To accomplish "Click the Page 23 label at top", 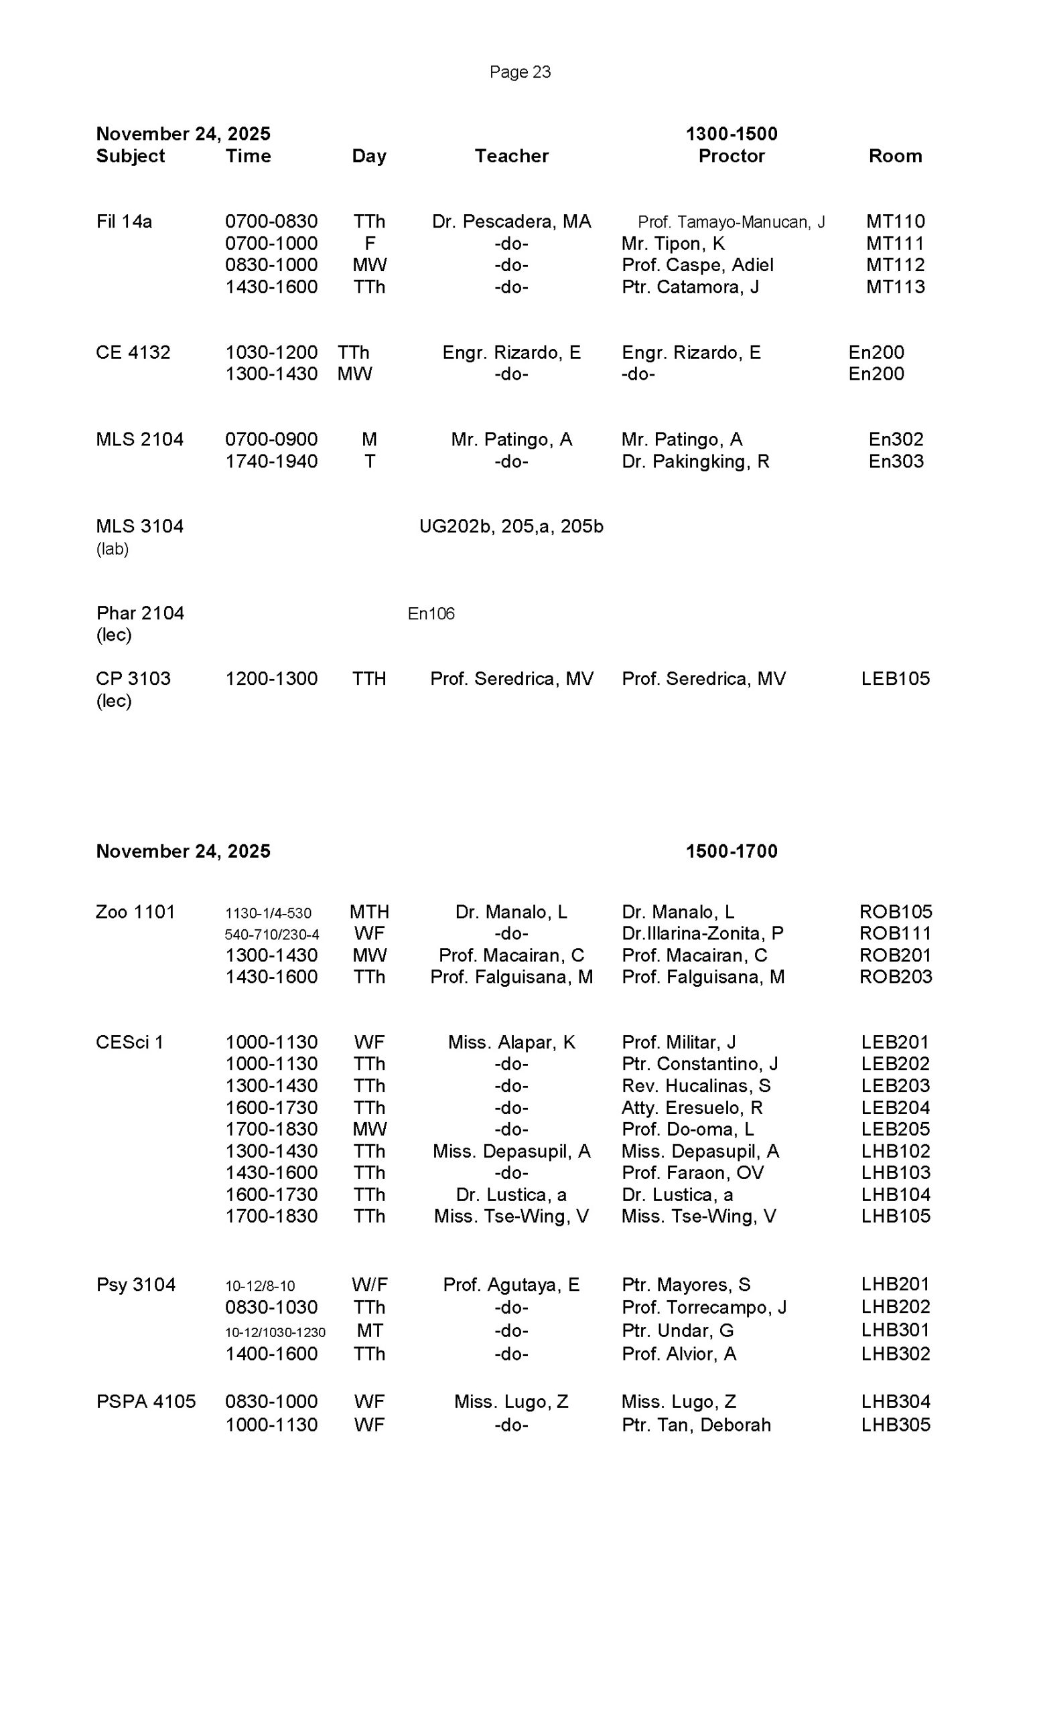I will coord(520,72).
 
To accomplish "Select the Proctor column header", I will coord(731,156).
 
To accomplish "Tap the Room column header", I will coord(895,156).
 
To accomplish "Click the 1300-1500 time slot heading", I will coord(731,133).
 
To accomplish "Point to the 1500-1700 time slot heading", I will coord(731,851).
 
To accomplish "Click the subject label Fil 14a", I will coord(124,222).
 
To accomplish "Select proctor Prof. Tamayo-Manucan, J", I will coord(731,222).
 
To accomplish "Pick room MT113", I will coord(895,287).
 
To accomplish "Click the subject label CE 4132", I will coord(133,353).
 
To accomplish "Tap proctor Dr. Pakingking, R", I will coord(695,462).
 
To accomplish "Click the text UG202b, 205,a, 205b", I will coord(510,526).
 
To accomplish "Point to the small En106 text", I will coord(431,613).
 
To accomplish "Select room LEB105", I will coord(895,679).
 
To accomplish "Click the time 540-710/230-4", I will coord(271,934).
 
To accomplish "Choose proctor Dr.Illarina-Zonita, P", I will coord(702,933).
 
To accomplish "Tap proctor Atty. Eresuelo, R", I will coord(692,1107).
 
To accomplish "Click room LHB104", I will coord(895,1194).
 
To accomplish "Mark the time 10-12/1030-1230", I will coord(275,1332).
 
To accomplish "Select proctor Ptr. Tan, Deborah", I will coord(696,1425).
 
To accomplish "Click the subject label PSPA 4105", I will coord(146,1402).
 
